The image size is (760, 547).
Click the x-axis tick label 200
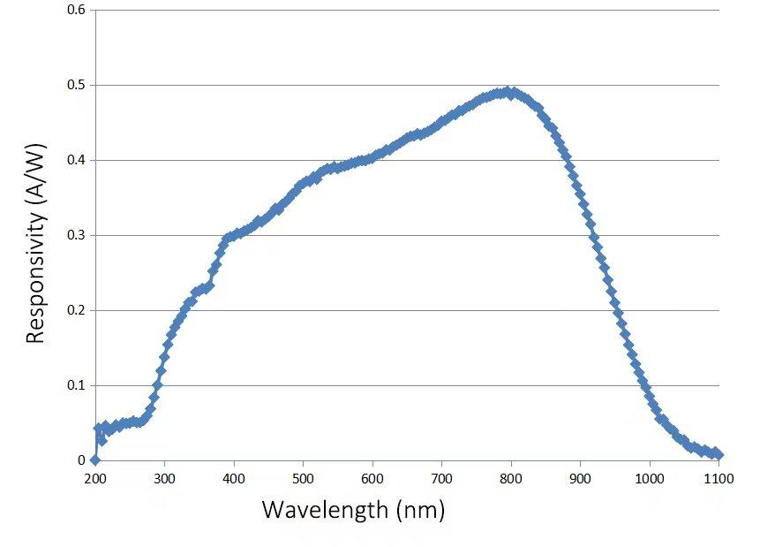(x=94, y=479)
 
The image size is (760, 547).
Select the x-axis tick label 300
(x=164, y=479)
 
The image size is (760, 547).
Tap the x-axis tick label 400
(x=234, y=479)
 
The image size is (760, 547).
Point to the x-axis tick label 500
(x=303, y=479)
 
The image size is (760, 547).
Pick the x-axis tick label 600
(x=372, y=479)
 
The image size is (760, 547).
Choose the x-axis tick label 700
(x=441, y=479)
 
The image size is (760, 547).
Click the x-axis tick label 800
(x=511, y=479)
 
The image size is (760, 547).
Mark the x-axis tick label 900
(x=580, y=479)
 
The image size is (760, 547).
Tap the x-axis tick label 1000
(x=650, y=479)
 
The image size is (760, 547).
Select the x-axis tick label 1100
(x=719, y=479)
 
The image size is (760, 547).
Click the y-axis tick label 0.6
(x=76, y=11)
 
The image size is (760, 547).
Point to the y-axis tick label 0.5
(x=76, y=86)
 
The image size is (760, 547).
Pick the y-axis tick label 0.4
(x=76, y=161)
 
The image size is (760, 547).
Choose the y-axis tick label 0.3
(x=76, y=236)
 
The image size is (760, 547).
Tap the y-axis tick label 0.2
(x=76, y=311)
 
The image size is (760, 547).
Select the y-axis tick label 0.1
(x=76, y=386)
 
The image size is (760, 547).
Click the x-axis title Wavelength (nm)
(x=353, y=510)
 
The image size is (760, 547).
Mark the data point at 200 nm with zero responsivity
(x=95, y=460)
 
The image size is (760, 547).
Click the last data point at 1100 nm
(x=718, y=454)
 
